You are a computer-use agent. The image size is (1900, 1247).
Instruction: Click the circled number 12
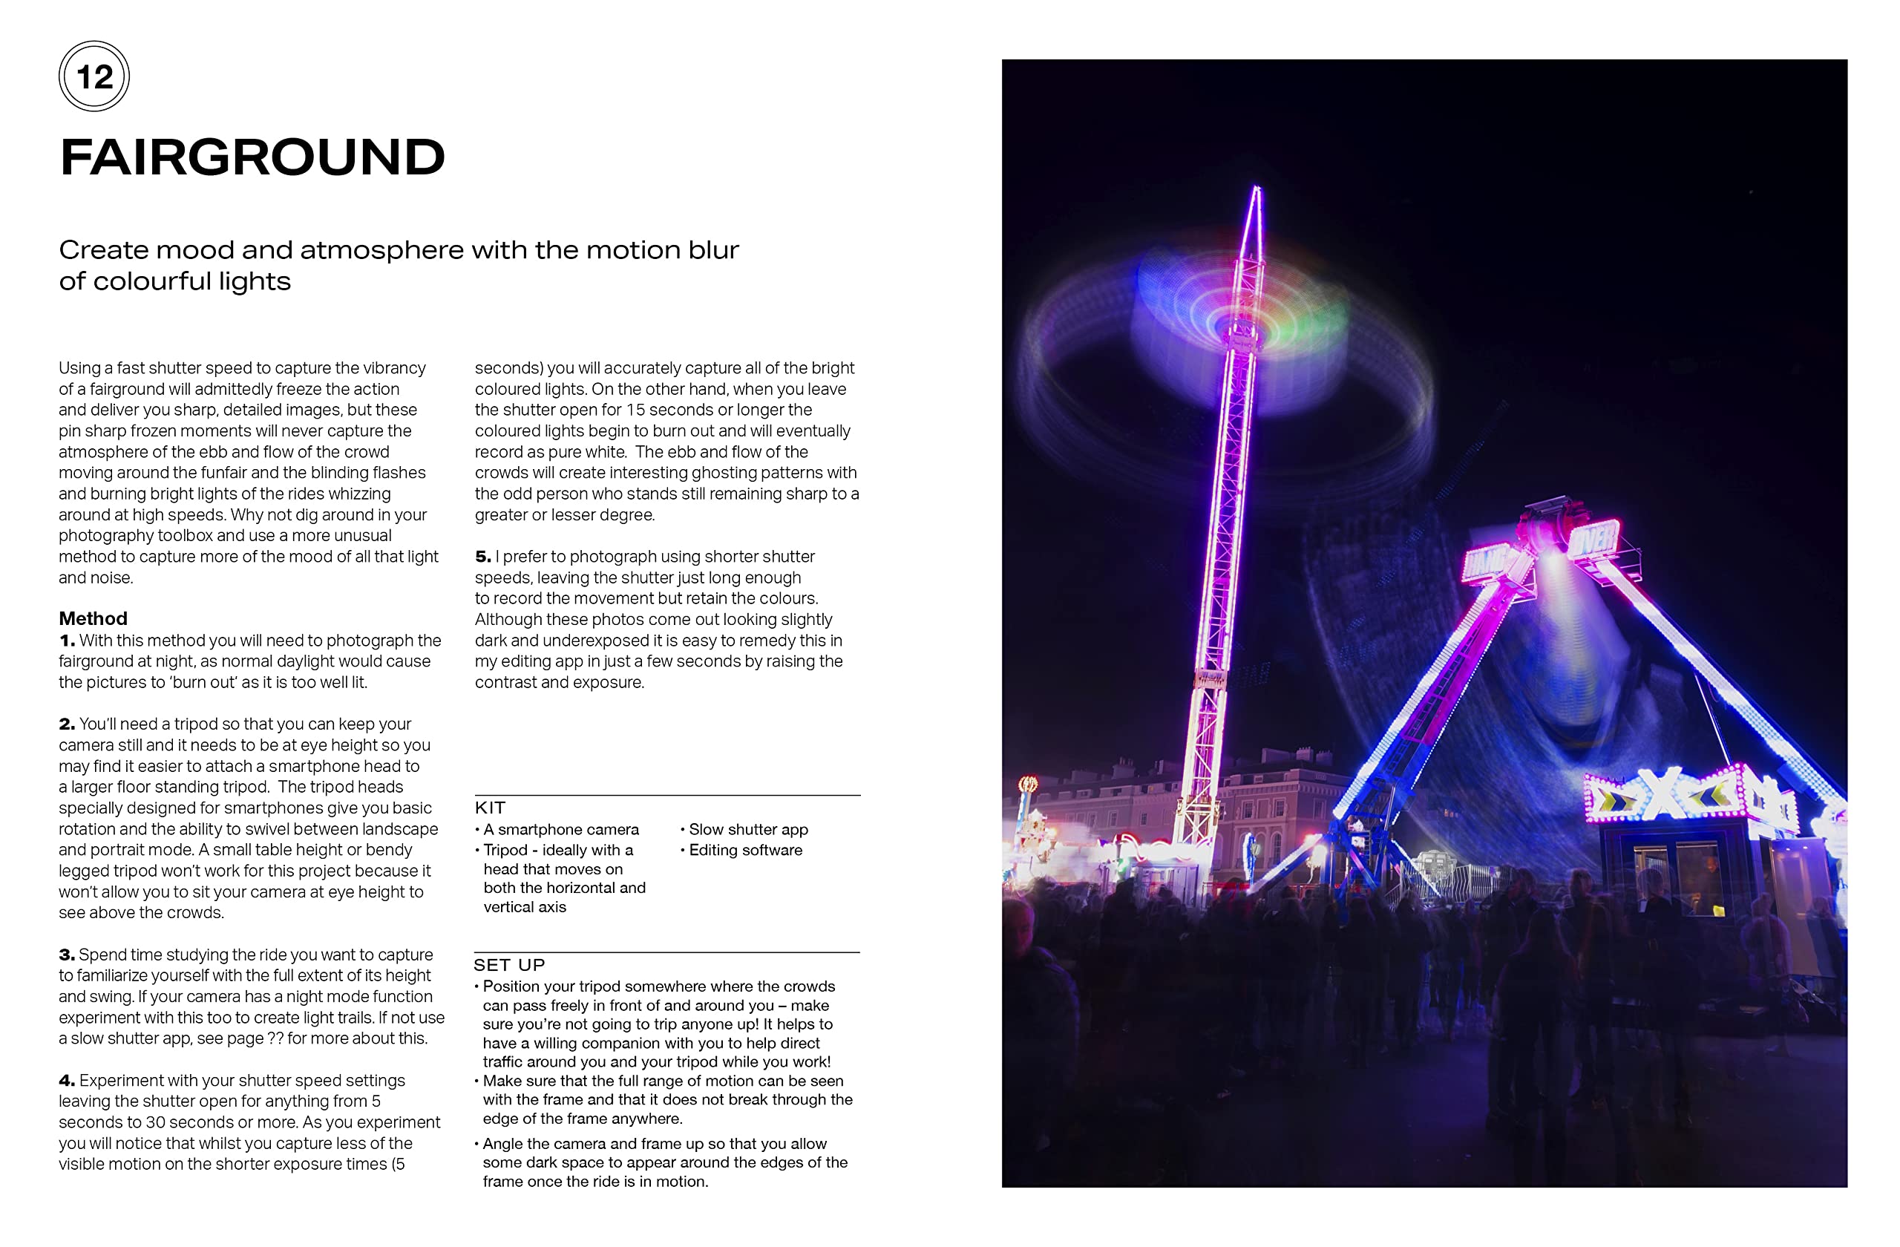point(94,76)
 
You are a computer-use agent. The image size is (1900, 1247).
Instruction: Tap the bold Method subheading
point(93,619)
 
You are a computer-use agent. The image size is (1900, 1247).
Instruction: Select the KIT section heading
point(490,808)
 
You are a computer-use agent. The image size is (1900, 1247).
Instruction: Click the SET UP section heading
point(509,965)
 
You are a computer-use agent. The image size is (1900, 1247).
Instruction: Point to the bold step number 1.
point(67,641)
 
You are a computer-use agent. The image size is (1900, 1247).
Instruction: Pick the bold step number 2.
point(67,724)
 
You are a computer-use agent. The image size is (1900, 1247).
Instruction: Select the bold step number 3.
point(67,955)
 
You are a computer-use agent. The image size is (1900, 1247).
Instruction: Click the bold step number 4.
point(67,1081)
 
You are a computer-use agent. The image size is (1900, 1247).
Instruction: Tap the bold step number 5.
point(483,557)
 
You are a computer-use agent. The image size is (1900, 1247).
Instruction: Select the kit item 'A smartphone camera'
point(561,829)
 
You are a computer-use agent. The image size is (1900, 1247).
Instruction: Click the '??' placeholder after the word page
point(275,1038)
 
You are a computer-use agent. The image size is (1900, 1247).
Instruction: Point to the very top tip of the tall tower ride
point(1257,188)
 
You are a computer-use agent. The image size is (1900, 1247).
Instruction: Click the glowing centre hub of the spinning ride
point(1239,326)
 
